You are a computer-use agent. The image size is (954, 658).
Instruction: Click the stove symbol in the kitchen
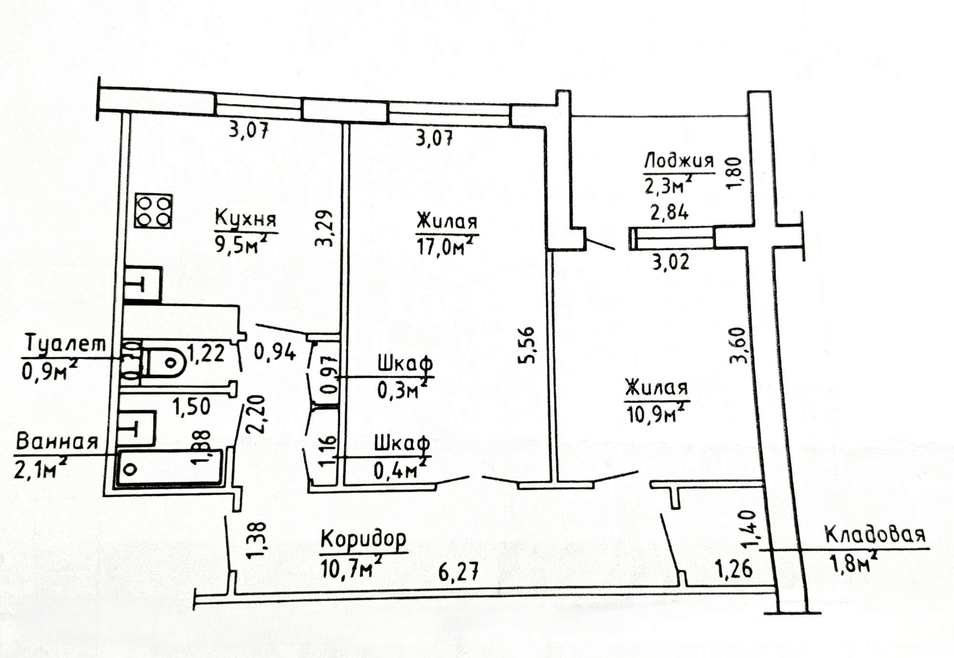pos(153,211)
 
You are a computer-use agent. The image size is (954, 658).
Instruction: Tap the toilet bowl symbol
pos(164,362)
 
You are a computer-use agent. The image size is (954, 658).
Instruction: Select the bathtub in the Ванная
pos(169,468)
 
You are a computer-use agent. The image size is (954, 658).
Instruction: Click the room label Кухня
pos(246,218)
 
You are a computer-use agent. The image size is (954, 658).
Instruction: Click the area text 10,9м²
pos(657,412)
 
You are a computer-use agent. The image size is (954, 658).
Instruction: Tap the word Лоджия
pos(679,161)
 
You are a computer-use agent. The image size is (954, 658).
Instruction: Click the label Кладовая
pos(875,535)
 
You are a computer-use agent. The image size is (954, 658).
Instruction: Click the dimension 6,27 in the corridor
pos(458,572)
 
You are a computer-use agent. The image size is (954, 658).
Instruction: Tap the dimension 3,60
pos(738,345)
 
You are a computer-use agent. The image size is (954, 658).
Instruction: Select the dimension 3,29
pos(324,228)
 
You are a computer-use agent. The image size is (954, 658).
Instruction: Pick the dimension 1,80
pos(735,174)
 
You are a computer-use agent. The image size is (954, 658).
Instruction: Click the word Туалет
pos(65,343)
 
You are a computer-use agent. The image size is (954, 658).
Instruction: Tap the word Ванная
pos(57,442)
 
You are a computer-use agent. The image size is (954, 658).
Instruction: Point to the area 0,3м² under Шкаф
pos(402,389)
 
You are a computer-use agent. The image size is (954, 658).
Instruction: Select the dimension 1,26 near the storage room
pos(734,569)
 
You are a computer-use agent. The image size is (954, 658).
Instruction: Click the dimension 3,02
pos(671,262)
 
